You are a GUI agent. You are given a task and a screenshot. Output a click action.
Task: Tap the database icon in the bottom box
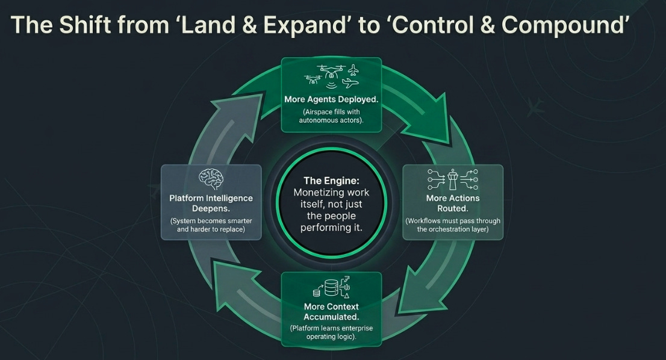[x=331, y=288]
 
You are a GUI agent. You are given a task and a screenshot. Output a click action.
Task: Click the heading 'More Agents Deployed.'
[x=331, y=99]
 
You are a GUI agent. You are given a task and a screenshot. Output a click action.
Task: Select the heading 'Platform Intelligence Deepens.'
[x=211, y=203]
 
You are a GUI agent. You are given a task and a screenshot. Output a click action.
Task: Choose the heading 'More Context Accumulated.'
[x=331, y=311]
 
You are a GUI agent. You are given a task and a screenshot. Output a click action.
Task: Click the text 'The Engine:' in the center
[x=331, y=180]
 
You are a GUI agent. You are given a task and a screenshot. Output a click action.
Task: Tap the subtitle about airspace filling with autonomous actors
[x=331, y=116]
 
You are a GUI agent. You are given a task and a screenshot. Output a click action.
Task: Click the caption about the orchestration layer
[x=453, y=225]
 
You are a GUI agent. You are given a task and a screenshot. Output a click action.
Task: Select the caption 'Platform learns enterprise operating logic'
[x=331, y=333]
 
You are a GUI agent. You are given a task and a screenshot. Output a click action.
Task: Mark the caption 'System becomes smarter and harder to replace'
[x=211, y=225]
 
